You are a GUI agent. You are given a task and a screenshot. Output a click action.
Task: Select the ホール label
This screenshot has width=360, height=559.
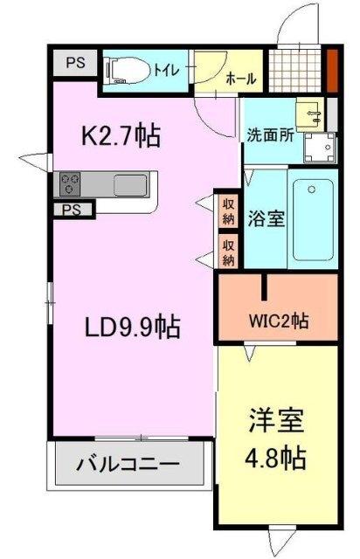[x=240, y=79]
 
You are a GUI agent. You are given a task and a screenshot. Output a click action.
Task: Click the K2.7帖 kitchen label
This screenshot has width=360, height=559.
[x=121, y=136]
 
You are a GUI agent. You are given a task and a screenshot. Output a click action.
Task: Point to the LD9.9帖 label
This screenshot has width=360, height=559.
[x=132, y=328]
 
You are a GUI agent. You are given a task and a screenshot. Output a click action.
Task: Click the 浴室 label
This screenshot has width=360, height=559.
[x=266, y=218]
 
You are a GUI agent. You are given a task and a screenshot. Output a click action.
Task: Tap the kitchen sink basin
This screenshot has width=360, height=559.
[x=130, y=185]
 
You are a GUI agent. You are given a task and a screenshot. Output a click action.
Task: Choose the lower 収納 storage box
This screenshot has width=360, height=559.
[x=229, y=252]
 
